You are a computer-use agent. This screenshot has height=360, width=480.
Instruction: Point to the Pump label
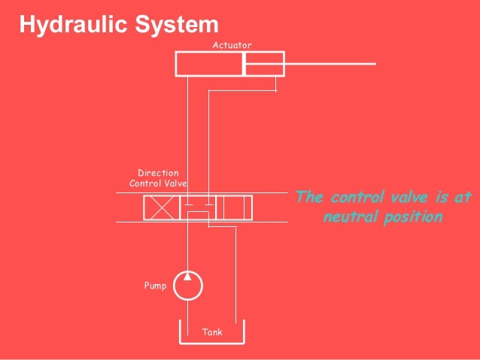point(155,286)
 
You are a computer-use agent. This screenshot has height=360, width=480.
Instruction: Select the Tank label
point(212,331)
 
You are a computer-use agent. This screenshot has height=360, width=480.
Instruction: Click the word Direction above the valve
point(158,173)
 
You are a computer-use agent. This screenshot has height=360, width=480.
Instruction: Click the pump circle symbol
point(188,286)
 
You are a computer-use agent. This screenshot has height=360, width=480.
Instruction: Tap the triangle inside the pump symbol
point(188,277)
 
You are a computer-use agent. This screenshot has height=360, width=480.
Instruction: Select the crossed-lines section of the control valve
point(161,207)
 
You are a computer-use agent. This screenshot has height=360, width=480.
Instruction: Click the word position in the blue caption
point(411,217)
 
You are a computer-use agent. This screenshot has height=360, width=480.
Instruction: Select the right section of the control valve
point(234,207)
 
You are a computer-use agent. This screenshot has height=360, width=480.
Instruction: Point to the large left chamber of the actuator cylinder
point(209,64)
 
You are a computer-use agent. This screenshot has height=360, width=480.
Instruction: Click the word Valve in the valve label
point(175,183)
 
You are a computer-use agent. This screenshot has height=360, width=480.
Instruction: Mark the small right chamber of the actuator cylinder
point(263,64)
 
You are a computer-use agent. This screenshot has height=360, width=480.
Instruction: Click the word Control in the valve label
point(146,183)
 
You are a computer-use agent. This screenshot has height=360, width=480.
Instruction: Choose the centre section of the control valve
point(197,207)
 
